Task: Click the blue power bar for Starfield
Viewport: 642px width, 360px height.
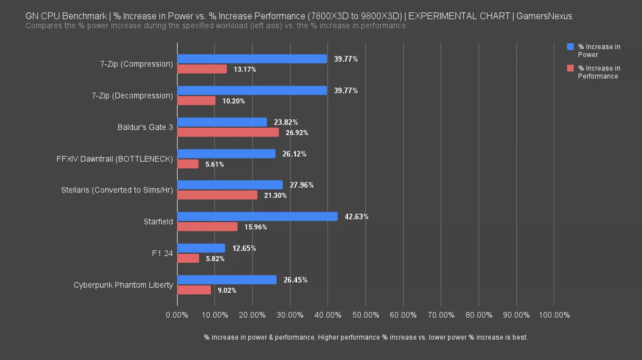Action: click(257, 216)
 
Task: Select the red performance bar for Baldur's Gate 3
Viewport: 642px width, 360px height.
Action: click(228, 132)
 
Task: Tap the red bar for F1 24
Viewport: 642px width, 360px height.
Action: click(188, 258)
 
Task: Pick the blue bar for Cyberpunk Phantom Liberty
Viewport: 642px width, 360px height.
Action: click(227, 280)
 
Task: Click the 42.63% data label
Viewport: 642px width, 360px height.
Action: click(356, 217)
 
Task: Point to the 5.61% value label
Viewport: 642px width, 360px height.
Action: click(215, 164)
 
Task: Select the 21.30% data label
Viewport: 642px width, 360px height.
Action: click(275, 196)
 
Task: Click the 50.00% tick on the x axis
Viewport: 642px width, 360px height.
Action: click(365, 315)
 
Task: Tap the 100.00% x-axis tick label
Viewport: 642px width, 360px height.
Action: click(554, 315)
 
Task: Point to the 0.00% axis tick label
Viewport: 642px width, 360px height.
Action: click(177, 315)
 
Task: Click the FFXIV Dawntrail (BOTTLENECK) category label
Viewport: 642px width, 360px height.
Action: click(114, 159)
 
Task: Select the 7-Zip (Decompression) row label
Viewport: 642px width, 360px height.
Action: click(132, 96)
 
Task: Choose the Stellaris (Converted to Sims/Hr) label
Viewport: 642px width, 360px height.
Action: click(117, 190)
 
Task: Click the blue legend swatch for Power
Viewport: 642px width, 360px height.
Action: click(570, 47)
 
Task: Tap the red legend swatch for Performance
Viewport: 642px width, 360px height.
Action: click(570, 68)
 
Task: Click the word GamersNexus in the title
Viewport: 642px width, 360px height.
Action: click(544, 16)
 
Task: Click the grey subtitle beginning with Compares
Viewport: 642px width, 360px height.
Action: click(217, 26)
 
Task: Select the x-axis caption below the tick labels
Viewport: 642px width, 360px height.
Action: click(365, 337)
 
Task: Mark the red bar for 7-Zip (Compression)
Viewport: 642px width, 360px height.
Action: click(202, 69)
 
